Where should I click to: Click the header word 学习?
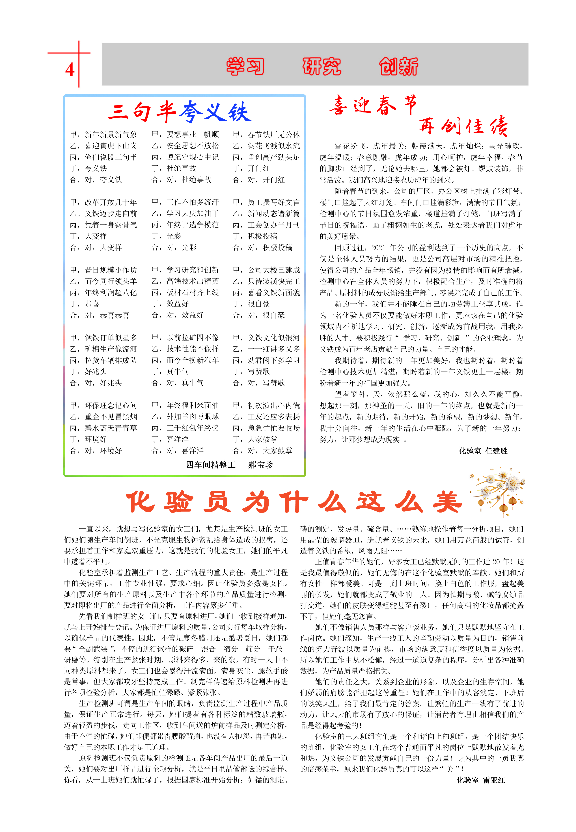click(245, 66)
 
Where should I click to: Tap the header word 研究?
click(322, 66)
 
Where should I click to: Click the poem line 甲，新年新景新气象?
click(103, 135)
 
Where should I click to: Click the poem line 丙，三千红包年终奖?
click(185, 428)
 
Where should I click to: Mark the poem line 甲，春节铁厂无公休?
click(266, 135)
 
